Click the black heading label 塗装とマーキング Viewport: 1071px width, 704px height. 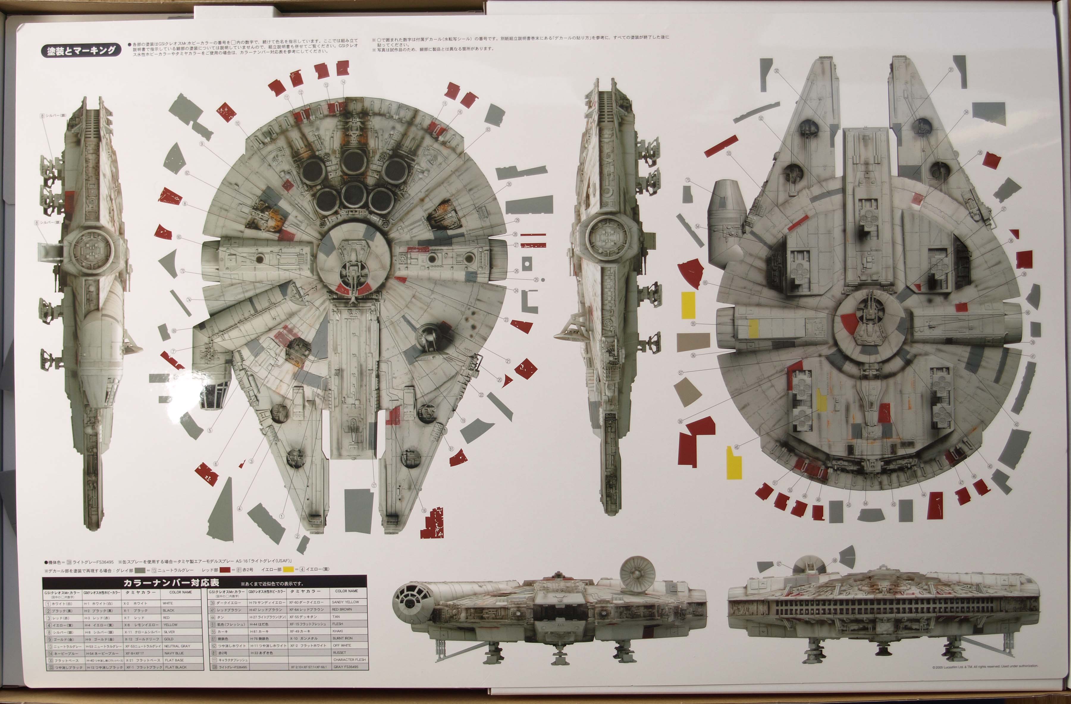click(81, 50)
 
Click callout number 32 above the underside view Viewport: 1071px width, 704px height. click(776, 71)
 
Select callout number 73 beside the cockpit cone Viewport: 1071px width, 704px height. click(688, 180)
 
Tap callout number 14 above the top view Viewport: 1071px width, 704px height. click(343, 82)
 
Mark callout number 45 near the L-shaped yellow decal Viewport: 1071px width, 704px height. click(736, 447)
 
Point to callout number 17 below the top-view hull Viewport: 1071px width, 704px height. click(374, 486)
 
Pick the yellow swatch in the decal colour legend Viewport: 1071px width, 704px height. click(288, 570)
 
